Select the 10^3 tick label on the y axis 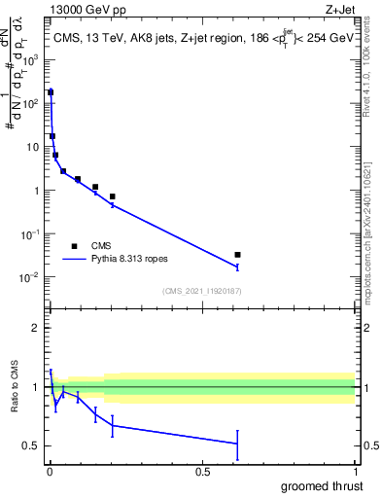tap(31, 58)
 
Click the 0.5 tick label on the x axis tap(202, 470)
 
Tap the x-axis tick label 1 tap(355, 470)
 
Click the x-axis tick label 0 tap(50, 470)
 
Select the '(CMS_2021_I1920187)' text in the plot tap(201, 291)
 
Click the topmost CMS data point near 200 tap(51, 92)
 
